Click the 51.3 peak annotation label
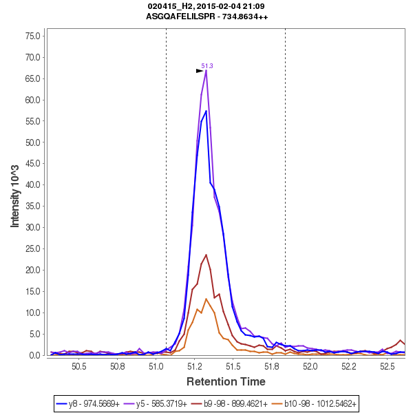(x=207, y=66)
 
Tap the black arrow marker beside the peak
(x=200, y=70)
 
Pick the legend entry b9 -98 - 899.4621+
(x=231, y=403)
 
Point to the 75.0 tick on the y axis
(x=32, y=36)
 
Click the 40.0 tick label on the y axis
(x=32, y=185)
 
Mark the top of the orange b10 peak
(x=206, y=299)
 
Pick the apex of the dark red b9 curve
(x=206, y=255)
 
